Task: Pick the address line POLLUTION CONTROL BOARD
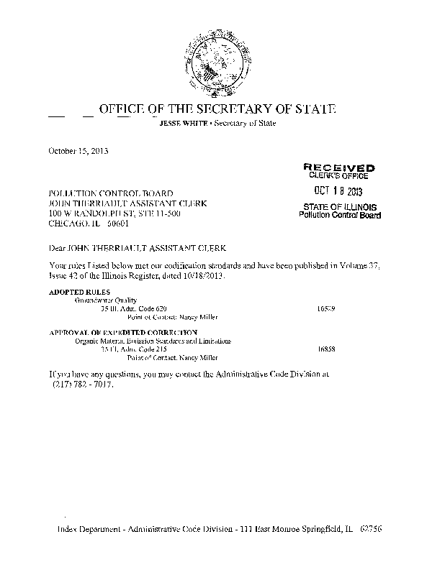tap(110, 193)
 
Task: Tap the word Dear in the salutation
tap(57, 247)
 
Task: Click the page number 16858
tap(326, 349)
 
